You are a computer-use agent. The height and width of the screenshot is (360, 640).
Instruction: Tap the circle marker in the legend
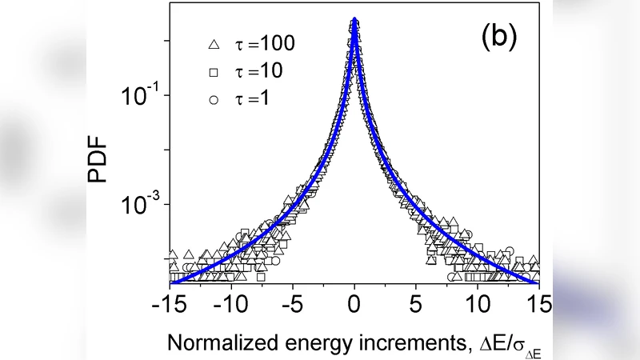click(x=213, y=102)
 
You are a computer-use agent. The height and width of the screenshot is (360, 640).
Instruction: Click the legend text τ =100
click(x=264, y=44)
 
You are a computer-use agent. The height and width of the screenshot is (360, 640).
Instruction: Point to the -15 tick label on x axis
click(x=170, y=305)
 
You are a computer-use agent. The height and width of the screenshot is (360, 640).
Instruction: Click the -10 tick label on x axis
click(x=231, y=305)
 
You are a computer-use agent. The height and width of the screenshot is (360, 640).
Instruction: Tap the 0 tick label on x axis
click(x=355, y=305)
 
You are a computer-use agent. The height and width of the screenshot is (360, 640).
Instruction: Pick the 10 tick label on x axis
click(x=478, y=305)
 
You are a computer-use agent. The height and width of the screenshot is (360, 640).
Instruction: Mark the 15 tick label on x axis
click(x=539, y=305)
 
